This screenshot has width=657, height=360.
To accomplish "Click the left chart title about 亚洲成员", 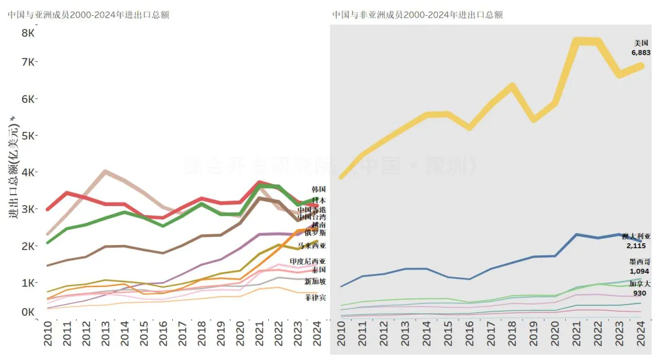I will point(89,15).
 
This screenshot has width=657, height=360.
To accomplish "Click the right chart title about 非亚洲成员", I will point(417,15).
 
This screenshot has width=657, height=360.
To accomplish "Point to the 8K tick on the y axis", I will point(28,32).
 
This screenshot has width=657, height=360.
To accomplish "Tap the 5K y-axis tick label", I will point(28,135).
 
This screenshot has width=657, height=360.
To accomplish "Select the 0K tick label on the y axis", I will point(28,312).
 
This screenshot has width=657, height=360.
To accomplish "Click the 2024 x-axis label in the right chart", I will point(641,334).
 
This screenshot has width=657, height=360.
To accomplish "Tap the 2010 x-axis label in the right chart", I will point(342,334).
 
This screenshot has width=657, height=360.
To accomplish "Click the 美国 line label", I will point(641,43).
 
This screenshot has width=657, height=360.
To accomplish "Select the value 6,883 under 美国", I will point(641,53).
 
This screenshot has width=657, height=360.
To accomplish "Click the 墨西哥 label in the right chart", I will point(639,262).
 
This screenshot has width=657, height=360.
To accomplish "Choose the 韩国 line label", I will point(318,189).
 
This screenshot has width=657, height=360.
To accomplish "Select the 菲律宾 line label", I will point(315,297).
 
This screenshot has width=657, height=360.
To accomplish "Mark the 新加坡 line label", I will point(315,281).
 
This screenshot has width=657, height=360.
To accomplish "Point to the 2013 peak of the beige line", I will point(105,171).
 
